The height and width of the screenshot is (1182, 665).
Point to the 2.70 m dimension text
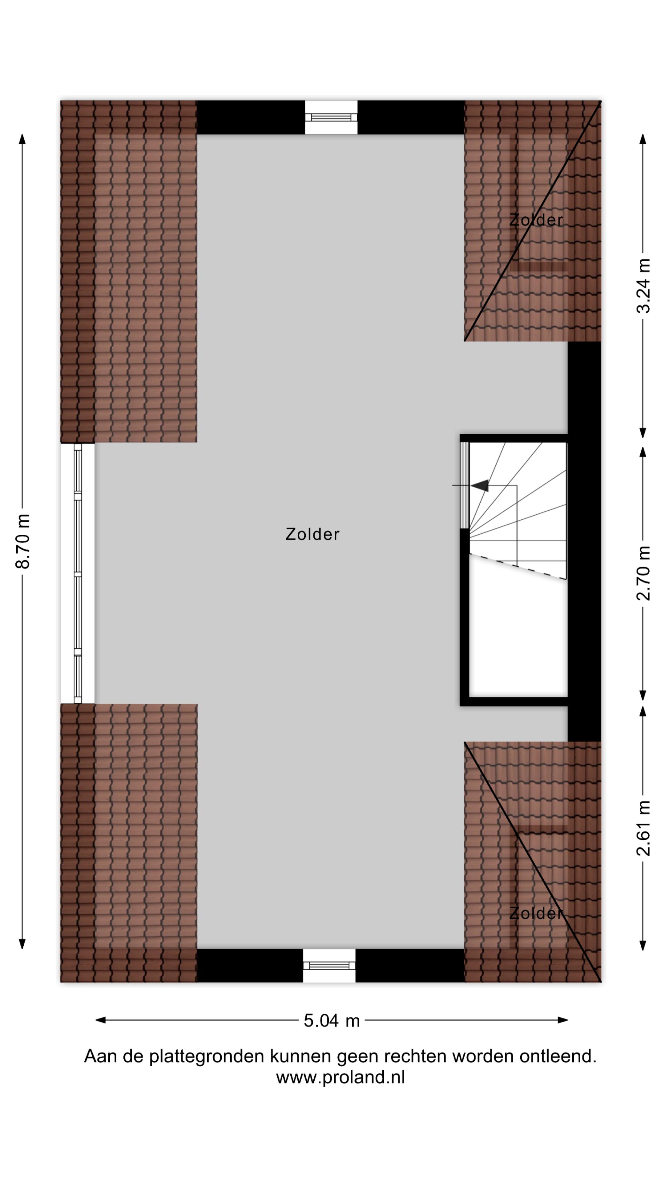(643, 573)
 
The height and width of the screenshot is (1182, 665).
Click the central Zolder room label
(312, 534)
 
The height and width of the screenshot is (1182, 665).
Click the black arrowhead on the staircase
(480, 485)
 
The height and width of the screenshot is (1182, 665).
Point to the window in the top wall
(331, 118)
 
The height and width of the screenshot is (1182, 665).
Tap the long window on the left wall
(78, 573)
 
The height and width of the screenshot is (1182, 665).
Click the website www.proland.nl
(340, 1077)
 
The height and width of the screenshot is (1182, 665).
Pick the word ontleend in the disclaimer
(558, 1056)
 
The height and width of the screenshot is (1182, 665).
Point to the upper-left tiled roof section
(129, 271)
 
